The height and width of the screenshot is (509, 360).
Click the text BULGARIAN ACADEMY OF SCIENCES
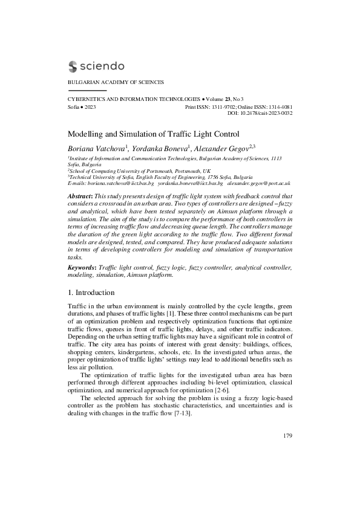tap(115, 82)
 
